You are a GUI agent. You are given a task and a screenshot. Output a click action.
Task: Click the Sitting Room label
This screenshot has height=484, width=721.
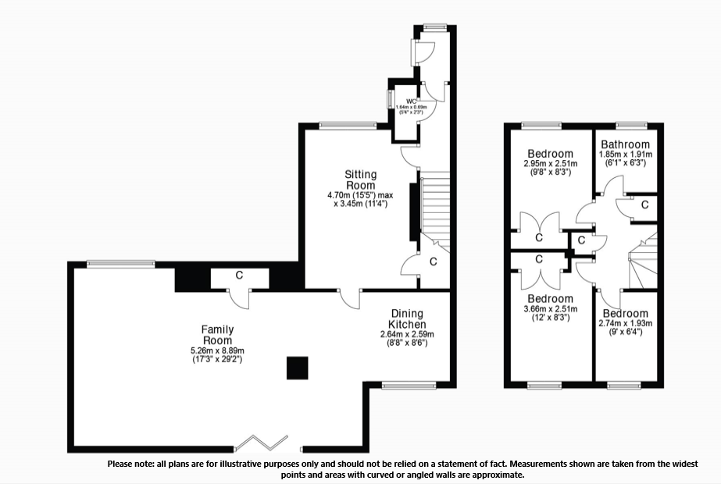361,179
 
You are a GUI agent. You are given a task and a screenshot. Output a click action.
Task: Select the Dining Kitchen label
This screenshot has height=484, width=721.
408,319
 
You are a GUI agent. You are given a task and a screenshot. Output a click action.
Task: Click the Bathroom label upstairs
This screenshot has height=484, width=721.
625,144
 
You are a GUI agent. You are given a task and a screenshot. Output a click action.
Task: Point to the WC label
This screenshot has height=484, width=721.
410,101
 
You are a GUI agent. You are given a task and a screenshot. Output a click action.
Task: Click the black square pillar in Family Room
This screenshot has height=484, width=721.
296,367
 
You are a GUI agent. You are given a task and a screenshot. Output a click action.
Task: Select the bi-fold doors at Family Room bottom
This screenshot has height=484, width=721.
264,444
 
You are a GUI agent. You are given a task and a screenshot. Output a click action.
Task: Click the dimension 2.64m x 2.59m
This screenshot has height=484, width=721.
407,334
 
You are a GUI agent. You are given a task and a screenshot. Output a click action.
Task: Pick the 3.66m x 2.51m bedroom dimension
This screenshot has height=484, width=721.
550,309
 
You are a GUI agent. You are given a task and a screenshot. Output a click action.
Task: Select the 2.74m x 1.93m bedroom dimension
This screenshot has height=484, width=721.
625,323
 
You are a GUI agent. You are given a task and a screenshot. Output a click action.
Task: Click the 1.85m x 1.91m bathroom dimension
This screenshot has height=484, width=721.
625,155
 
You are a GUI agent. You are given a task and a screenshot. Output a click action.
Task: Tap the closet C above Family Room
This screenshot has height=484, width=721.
240,275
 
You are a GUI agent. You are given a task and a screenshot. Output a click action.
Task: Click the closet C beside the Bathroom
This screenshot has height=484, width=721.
644,205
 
